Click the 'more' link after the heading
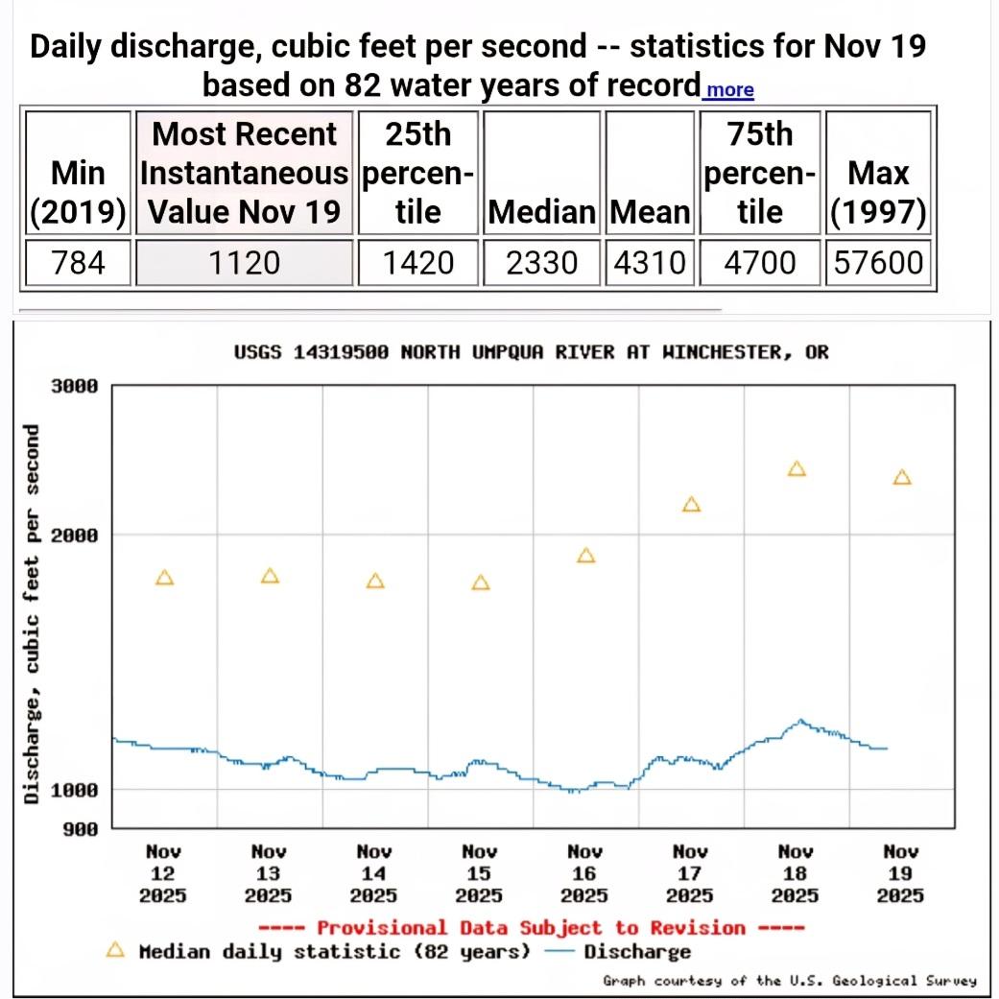click(728, 90)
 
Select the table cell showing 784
click(79, 261)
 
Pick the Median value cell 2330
click(542, 261)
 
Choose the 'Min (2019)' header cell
click(79, 191)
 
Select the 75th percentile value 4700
click(760, 261)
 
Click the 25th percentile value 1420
click(417, 261)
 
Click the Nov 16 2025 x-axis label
click(584, 873)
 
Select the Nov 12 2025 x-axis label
click(163, 873)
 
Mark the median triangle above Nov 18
click(797, 469)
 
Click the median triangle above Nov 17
click(692, 505)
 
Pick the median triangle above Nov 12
click(165, 578)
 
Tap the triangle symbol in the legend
click(115, 951)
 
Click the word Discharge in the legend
click(637, 952)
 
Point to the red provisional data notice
click(531, 927)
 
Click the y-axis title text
click(32, 612)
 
